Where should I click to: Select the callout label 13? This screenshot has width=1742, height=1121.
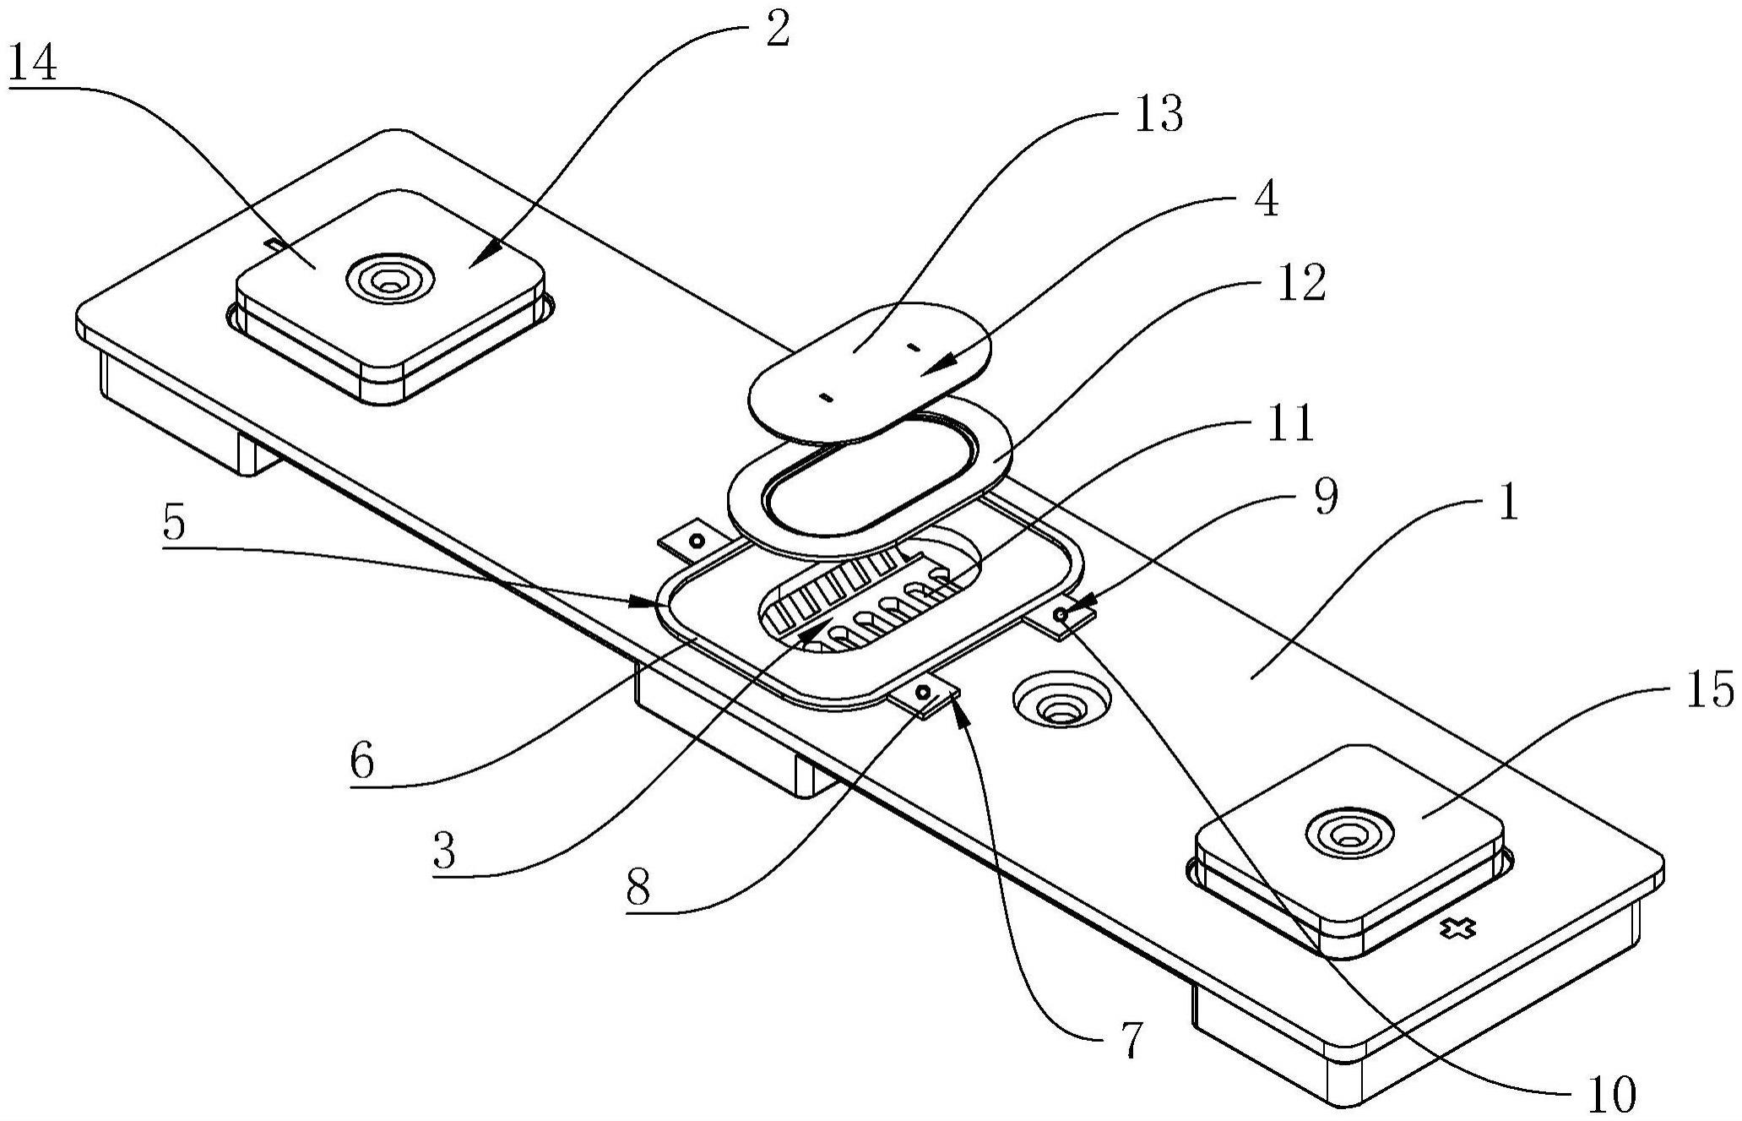click(1158, 114)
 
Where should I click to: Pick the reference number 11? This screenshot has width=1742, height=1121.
click(1289, 423)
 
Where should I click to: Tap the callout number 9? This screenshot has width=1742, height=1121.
click(1327, 498)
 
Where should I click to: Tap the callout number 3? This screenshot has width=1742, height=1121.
click(445, 852)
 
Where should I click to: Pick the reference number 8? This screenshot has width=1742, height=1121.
click(638, 887)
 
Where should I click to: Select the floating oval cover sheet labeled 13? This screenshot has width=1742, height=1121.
click(871, 373)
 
